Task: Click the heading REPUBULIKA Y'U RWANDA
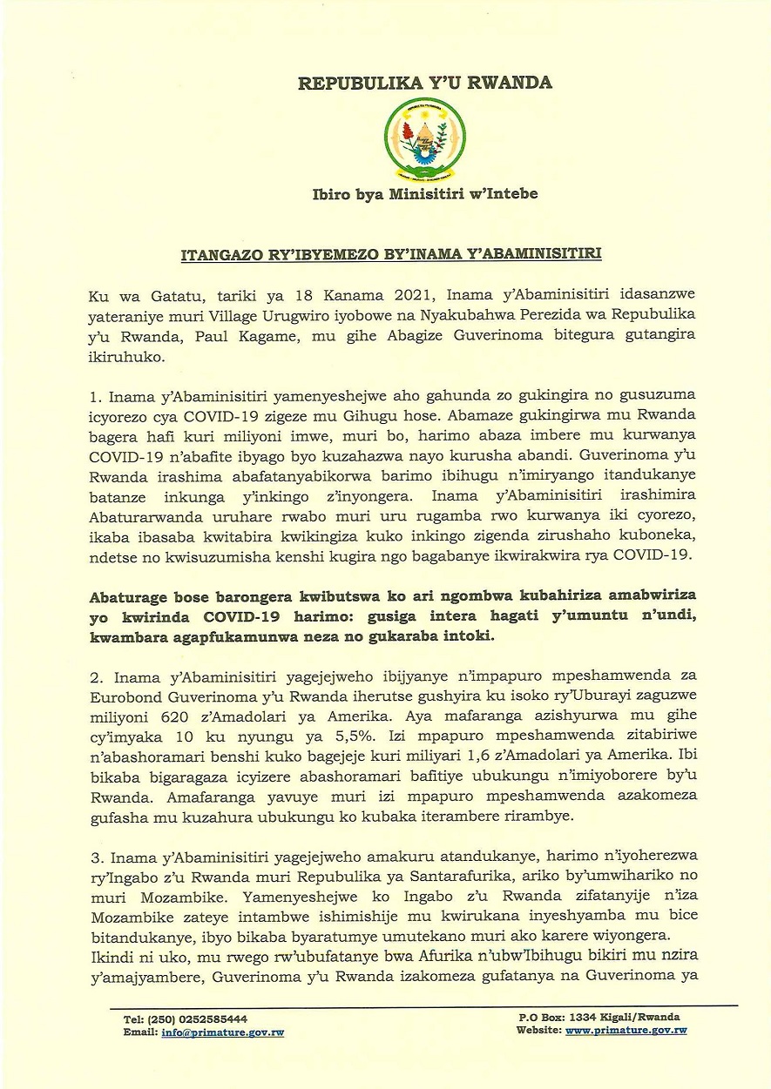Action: tap(425, 84)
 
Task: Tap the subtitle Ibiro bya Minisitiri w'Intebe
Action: tap(425, 193)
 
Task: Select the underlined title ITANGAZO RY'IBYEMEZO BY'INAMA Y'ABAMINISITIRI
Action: tap(389, 255)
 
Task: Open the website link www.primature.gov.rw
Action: tap(626, 1030)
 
